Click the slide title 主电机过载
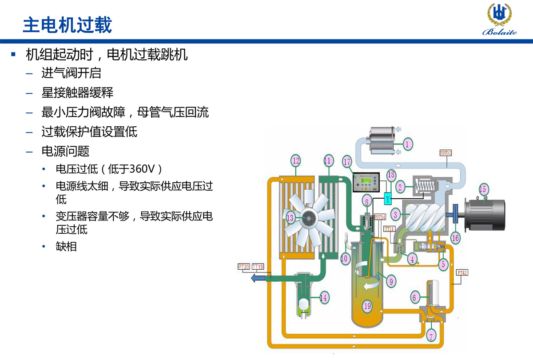67,25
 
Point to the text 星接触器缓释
77,92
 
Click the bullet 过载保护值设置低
89,132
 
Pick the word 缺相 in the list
66,246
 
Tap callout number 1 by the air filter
408,144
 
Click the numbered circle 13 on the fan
290,218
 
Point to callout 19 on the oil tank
367,306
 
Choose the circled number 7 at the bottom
431,336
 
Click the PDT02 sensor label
445,153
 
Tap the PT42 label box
462,272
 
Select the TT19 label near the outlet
258,267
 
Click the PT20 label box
244,267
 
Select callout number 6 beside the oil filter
414,297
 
